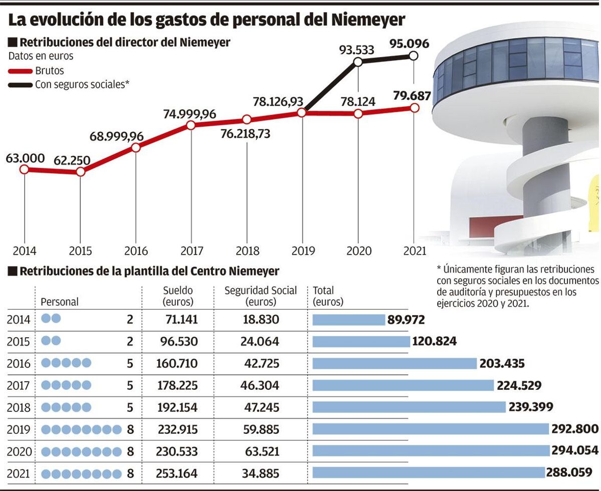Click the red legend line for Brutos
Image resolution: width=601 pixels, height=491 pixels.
[x=20, y=71]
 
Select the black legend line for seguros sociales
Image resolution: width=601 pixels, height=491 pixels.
[x=20, y=85]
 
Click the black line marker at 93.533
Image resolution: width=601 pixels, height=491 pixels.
[x=358, y=62]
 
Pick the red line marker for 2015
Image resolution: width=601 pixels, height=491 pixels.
[x=81, y=172]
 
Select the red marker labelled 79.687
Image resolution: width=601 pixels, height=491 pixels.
[x=414, y=107]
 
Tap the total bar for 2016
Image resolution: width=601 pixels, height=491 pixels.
[x=394, y=363]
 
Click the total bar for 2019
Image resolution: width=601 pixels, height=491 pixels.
[x=431, y=429]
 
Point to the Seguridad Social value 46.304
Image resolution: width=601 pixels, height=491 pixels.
[x=260, y=385]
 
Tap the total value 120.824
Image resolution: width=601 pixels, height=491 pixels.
[x=434, y=341]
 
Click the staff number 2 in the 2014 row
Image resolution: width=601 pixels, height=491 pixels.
[x=129, y=319]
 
